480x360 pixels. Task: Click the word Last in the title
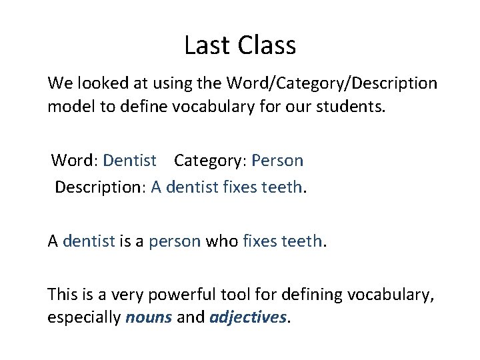coord(203,45)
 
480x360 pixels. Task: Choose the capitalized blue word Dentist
coord(131,161)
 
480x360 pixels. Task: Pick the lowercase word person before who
coord(175,241)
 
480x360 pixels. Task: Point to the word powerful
coord(187,294)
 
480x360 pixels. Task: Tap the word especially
coord(84,317)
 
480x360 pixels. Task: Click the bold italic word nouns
coord(149,317)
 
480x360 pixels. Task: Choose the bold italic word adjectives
coord(247,317)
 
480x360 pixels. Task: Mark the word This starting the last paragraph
coord(62,294)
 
